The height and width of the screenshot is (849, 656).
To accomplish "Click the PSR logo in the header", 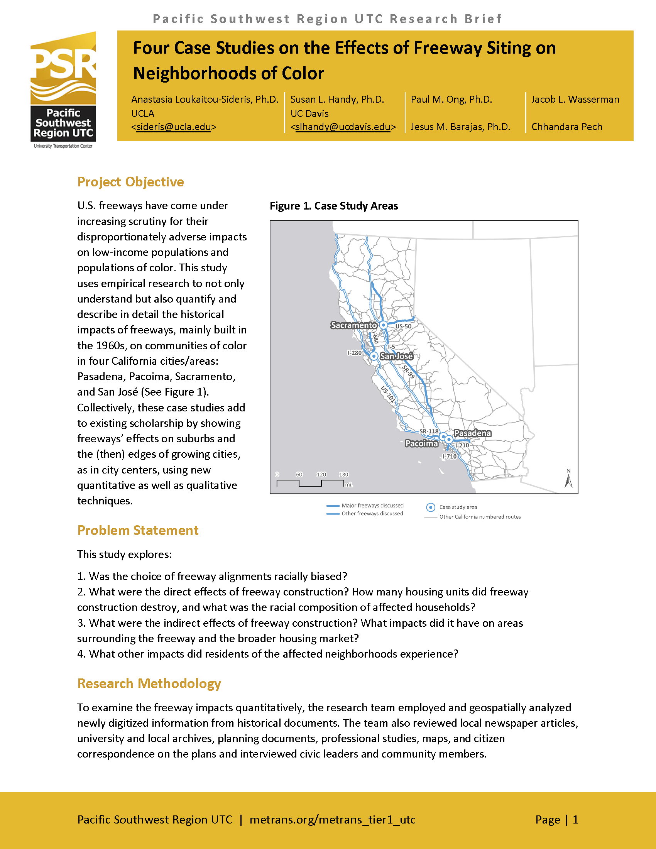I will [x=63, y=90].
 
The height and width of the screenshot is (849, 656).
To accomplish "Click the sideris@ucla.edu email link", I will [x=174, y=127].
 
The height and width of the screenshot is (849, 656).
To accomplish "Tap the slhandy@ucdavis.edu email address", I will [x=343, y=127].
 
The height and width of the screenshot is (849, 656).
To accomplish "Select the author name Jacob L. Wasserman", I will [x=575, y=100].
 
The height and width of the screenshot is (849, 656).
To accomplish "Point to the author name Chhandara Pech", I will [x=566, y=127].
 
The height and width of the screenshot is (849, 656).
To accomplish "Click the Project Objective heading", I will [x=130, y=182].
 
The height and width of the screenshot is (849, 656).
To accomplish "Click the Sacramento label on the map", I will [x=353, y=325].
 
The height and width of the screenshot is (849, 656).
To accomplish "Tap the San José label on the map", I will [x=396, y=356].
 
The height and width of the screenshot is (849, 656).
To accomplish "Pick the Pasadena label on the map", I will [x=472, y=433].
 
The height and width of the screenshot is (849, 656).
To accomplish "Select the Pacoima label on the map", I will [x=421, y=443].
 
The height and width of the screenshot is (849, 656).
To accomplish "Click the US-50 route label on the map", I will [x=403, y=326].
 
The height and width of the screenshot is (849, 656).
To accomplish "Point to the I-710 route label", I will [x=450, y=457].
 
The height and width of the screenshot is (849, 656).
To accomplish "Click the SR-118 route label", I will [x=429, y=431].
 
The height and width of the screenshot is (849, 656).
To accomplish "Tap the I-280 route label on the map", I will [x=354, y=353].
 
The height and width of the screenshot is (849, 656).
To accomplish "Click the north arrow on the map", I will [x=568, y=479].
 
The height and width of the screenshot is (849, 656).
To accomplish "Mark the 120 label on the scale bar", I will [x=321, y=475].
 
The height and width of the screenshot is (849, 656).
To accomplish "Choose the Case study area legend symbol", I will [x=431, y=507].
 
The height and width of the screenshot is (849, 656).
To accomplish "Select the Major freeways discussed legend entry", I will [x=372, y=506].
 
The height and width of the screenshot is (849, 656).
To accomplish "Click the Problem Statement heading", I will [x=138, y=530].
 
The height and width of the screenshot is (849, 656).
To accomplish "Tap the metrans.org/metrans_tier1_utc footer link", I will [x=332, y=819].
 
